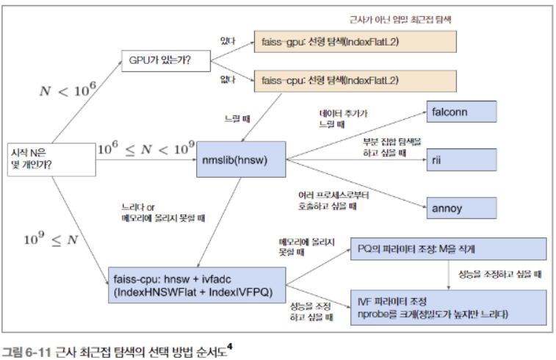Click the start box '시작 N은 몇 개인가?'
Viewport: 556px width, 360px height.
click(50, 158)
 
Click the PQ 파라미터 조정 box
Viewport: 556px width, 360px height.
click(447, 249)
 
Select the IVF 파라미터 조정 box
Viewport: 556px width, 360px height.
click(447, 308)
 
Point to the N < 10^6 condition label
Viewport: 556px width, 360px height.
click(68, 91)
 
